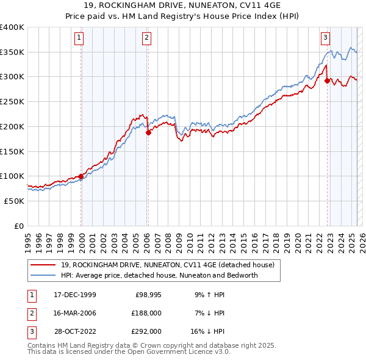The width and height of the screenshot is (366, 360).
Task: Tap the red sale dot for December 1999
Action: (81, 176)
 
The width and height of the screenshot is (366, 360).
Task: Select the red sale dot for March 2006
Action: (148, 132)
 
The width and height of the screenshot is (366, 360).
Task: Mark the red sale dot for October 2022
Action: (328, 80)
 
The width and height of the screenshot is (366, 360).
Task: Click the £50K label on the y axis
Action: (15, 201)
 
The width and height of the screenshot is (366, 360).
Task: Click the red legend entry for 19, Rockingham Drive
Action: (168, 265)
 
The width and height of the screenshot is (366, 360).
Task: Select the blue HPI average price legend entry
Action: (159, 275)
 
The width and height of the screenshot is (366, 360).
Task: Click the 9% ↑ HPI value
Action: (210, 295)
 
